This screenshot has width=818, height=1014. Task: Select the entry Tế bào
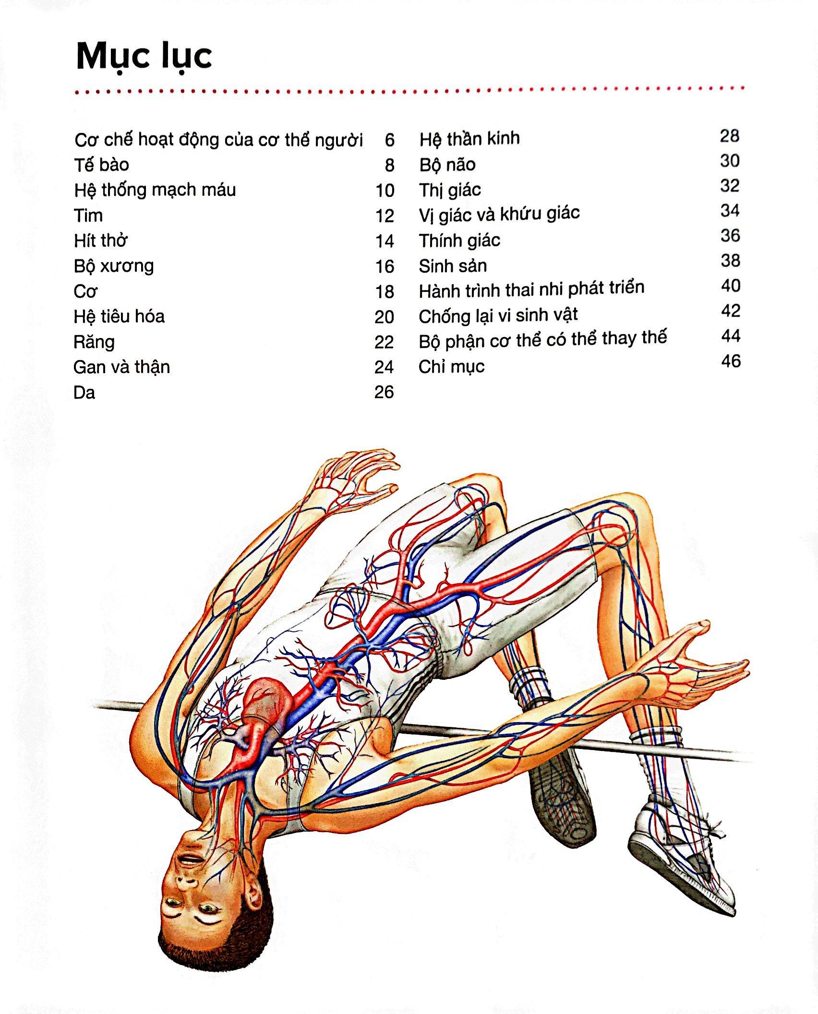(x=101, y=165)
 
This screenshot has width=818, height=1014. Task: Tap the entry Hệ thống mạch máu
(x=155, y=190)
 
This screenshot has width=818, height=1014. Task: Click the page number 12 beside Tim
(x=385, y=216)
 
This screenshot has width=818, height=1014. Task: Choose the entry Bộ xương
(x=114, y=266)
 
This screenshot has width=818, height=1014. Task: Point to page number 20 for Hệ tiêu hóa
(x=384, y=317)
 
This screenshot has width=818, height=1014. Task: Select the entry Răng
(x=94, y=342)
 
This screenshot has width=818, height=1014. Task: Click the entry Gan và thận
(x=121, y=367)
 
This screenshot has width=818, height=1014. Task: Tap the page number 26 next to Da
(x=384, y=392)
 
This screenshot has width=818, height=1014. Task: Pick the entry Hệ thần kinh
(x=469, y=139)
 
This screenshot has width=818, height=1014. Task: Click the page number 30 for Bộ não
(x=730, y=161)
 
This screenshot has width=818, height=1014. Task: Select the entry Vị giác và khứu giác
(x=499, y=214)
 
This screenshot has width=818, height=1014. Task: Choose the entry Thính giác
(x=459, y=241)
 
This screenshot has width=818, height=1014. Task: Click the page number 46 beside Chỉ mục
(x=731, y=361)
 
